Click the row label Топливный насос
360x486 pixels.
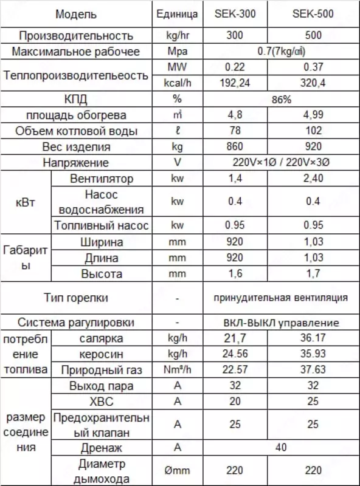coord(102,226)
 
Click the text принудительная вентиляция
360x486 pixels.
coord(280,298)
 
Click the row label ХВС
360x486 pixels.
coord(102,402)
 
